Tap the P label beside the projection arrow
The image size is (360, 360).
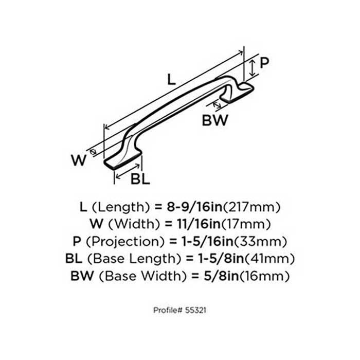point(263,63)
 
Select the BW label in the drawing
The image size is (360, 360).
point(214,121)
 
